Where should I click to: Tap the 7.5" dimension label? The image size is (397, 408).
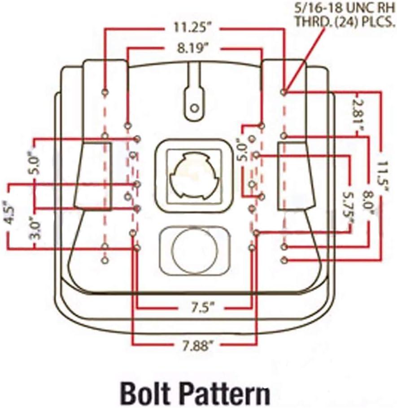pyautogui.click(x=201, y=308)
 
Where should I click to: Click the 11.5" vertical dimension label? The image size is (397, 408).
pyautogui.click(x=382, y=177)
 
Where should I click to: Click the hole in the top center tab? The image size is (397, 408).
pyautogui.click(x=195, y=108)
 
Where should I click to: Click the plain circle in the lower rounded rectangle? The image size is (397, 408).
pyautogui.click(x=194, y=250)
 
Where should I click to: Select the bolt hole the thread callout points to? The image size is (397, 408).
pyautogui.click(x=284, y=92)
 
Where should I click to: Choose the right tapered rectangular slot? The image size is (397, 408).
pyautogui.click(x=297, y=175)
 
